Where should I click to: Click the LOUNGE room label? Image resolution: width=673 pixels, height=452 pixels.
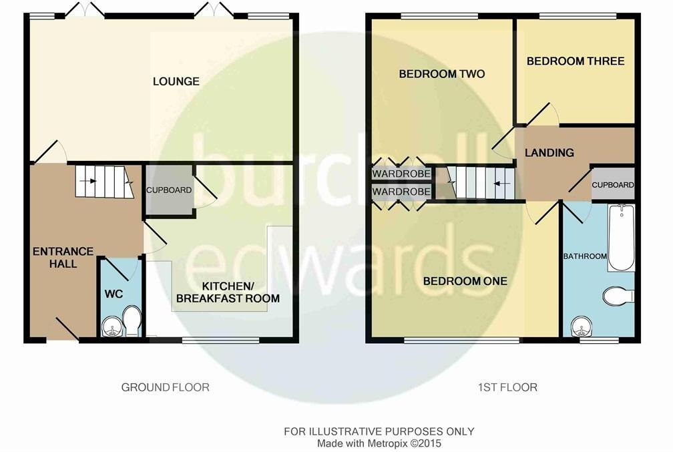pos(176,81)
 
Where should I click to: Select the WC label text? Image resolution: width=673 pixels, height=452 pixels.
pos(112,293)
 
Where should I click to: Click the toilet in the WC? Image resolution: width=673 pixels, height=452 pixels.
pos(132,321)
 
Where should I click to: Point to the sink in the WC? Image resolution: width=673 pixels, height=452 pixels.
pos(110,326)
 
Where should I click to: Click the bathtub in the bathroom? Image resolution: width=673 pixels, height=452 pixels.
pos(620,238)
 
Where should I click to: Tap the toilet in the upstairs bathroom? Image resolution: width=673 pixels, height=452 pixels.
pos(618,295)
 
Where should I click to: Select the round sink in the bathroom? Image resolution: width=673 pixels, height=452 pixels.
pos(582,328)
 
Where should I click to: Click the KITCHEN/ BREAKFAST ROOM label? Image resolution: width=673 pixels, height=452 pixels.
pos(228,292)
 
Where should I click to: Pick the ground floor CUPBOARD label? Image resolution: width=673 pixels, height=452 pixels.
pos(169,190)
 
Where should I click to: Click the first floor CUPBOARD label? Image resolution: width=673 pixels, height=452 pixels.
pos(613,185)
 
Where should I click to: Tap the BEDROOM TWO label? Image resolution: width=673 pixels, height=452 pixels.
pos(441,73)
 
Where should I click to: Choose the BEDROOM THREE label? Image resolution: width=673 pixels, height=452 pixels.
pos(576,61)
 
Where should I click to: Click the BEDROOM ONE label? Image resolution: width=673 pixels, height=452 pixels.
pos(465,281)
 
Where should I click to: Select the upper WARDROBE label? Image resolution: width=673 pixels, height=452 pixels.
pos(401,174)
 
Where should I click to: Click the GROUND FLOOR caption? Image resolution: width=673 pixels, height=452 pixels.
pos(165,387)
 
